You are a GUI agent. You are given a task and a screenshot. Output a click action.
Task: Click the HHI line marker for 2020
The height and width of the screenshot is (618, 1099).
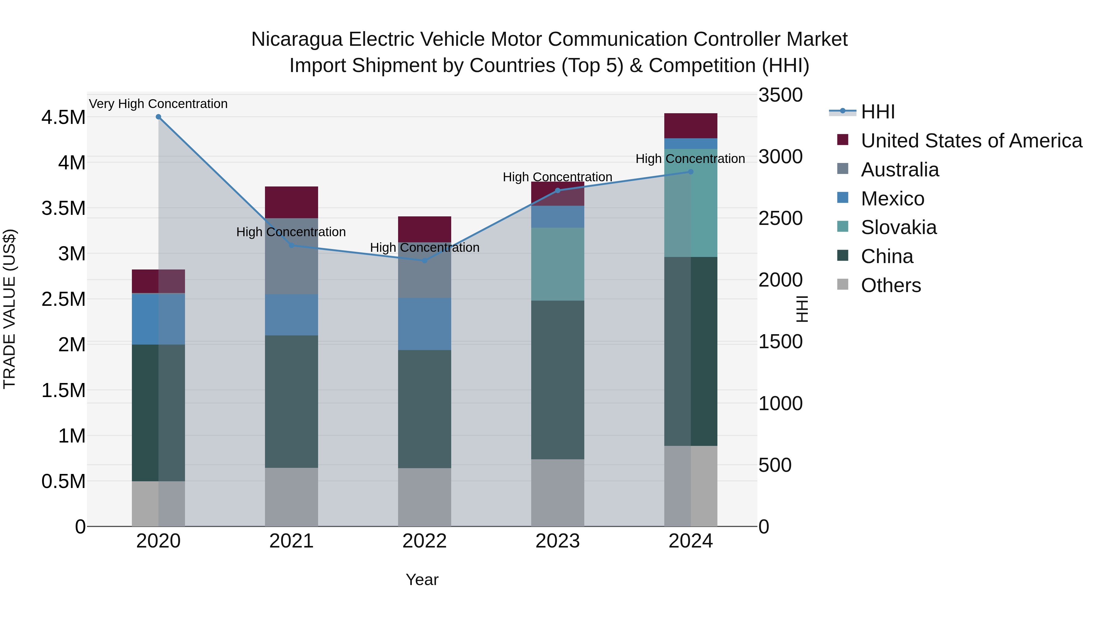click(158, 117)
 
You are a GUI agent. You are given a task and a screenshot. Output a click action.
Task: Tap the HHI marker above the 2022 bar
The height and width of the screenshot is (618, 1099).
click(425, 260)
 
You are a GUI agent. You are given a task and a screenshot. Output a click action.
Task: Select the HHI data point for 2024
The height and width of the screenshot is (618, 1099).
click(691, 172)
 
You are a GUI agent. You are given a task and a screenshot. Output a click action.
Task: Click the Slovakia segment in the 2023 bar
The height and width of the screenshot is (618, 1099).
click(558, 264)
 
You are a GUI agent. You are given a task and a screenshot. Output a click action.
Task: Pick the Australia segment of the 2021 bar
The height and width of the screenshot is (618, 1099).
click(292, 256)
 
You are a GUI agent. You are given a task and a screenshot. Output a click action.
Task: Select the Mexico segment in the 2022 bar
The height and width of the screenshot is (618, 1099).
click(425, 324)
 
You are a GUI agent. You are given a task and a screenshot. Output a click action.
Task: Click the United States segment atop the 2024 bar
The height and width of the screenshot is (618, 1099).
click(691, 126)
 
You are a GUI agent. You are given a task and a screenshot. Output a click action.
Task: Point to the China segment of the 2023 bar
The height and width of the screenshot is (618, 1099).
click(558, 380)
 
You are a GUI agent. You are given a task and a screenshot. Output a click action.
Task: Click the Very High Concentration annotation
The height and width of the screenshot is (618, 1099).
click(158, 104)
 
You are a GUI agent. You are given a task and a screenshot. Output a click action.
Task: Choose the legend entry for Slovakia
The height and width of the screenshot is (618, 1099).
click(898, 227)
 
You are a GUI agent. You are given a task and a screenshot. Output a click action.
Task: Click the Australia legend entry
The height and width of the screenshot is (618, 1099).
click(899, 170)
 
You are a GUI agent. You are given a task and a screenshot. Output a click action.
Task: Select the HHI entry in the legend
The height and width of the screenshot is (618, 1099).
click(878, 112)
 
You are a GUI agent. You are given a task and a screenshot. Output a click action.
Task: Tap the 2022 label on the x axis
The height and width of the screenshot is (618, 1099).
click(425, 541)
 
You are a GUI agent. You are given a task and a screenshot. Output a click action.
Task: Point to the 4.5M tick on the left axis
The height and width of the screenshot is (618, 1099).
click(63, 117)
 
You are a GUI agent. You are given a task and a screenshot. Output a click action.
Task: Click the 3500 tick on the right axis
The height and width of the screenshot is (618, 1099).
click(780, 95)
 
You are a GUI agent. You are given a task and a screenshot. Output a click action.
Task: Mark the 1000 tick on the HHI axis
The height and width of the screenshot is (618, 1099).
click(780, 403)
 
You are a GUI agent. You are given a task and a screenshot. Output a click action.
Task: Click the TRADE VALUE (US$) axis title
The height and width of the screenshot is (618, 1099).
click(9, 309)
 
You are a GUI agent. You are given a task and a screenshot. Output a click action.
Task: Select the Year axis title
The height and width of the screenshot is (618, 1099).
click(422, 580)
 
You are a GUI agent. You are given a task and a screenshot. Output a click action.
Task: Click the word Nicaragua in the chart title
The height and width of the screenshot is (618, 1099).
click(297, 39)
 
